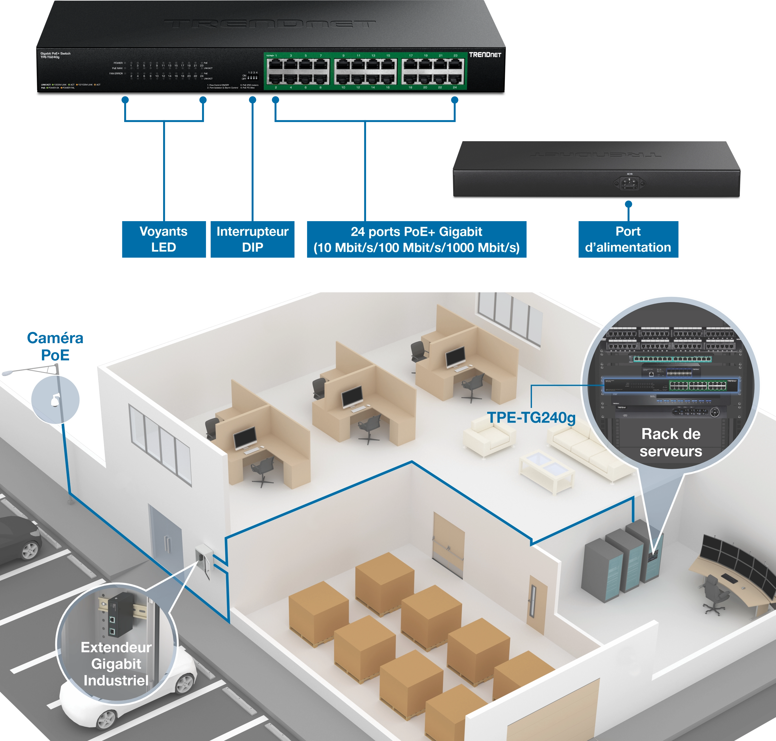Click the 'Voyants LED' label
(163, 239)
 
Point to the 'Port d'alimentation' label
(627, 239)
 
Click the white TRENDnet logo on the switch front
(485, 55)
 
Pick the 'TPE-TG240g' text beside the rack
(531, 418)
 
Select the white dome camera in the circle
(54, 401)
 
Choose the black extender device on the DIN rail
(119, 614)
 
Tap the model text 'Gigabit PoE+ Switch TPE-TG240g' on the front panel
(55, 55)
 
